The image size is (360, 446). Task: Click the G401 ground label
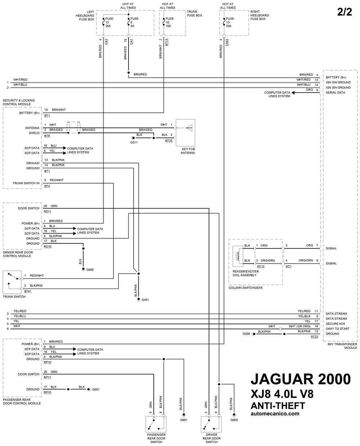145,300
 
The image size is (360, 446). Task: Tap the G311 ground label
134,143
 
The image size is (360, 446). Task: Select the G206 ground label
246,334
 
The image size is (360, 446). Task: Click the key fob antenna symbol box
185,133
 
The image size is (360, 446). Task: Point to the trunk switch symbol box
12,282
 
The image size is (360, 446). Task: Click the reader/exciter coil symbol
238,256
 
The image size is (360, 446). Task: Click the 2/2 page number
344,12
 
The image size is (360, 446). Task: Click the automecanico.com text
275,414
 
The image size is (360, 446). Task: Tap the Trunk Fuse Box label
194,13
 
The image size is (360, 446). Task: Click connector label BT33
168,141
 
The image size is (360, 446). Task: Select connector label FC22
314,337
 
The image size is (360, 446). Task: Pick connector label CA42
227,42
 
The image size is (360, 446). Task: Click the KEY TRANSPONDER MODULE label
342,346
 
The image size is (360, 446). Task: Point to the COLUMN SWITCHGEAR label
246,288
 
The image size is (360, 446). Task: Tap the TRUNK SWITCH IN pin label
26,183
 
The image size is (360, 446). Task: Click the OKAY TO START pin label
337,329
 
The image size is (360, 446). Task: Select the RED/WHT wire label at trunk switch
37,276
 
